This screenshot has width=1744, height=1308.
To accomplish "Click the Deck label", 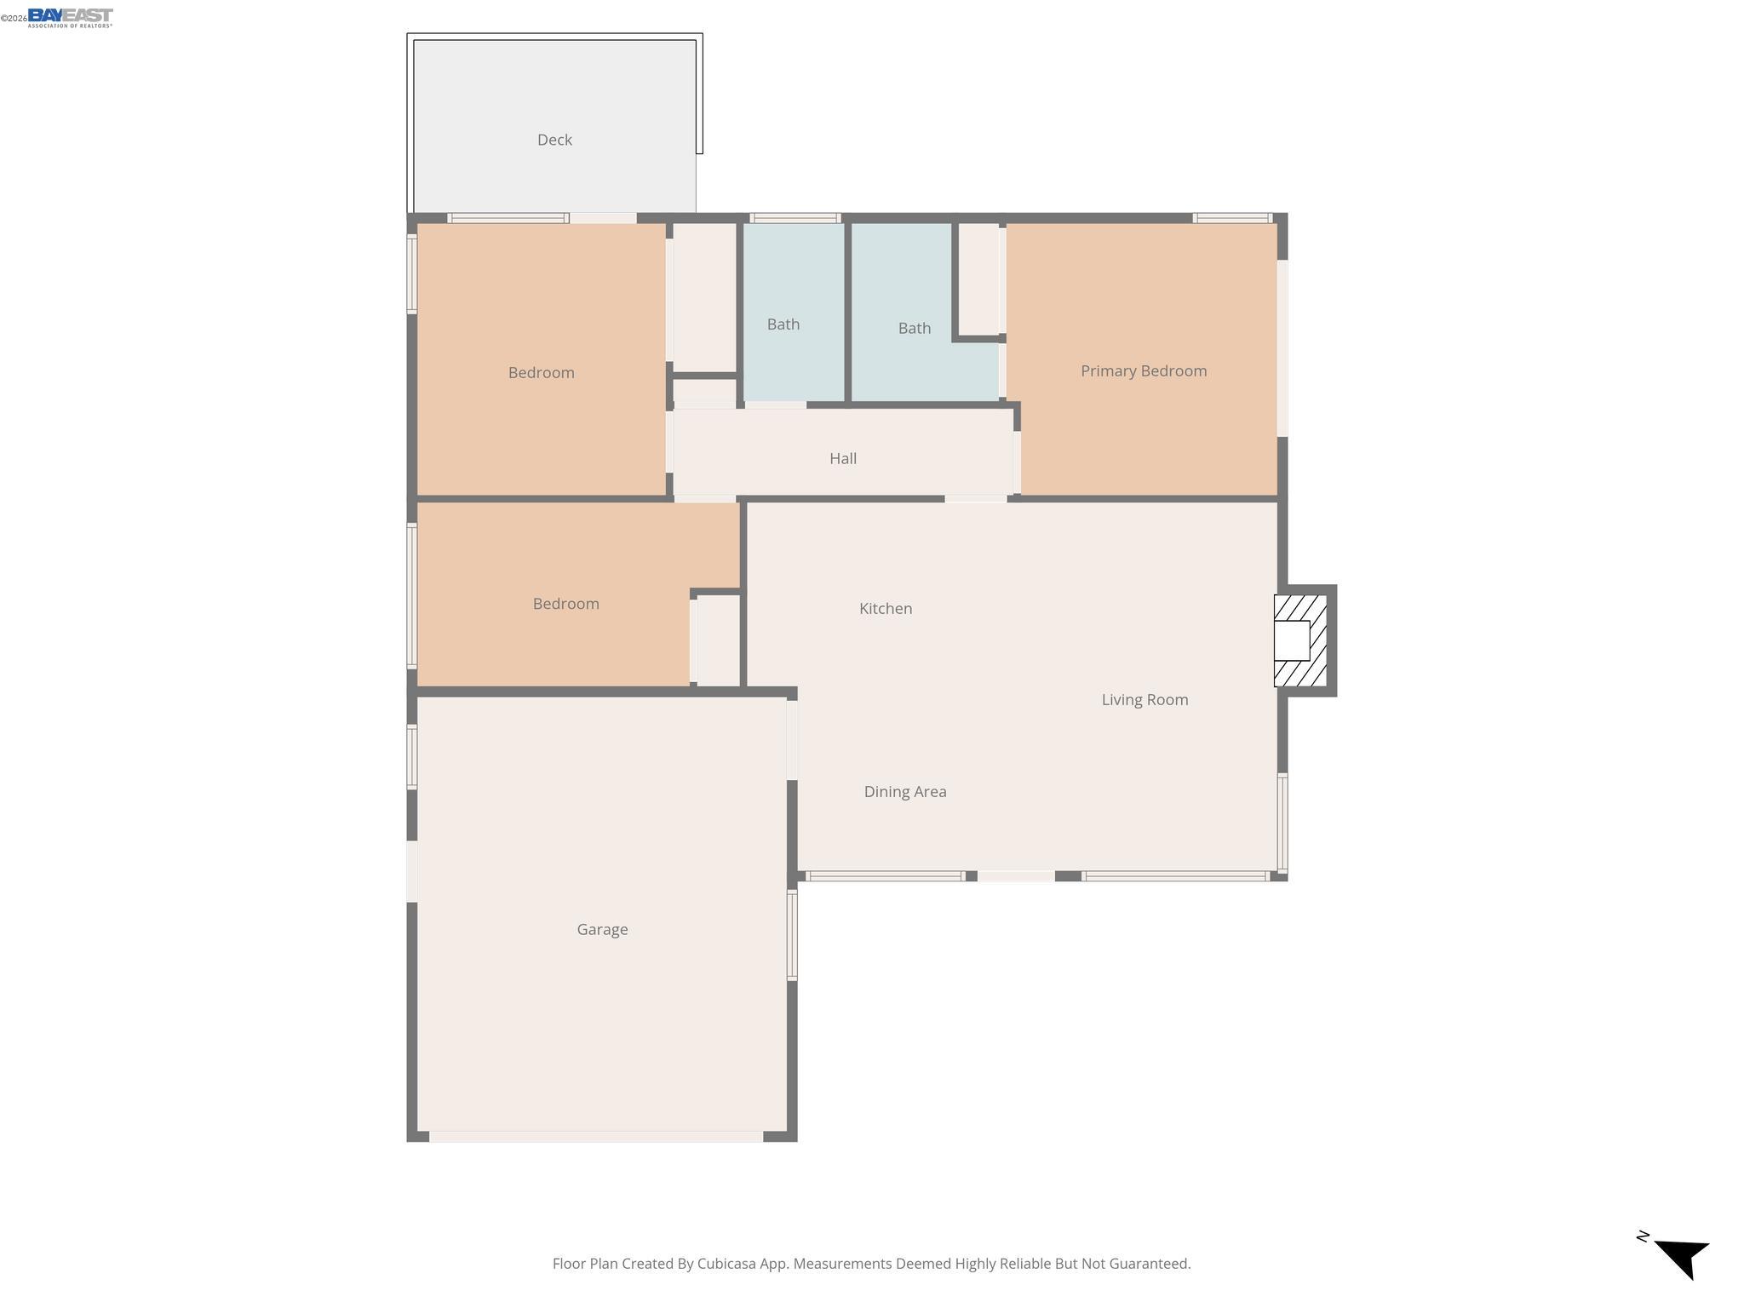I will [x=554, y=140].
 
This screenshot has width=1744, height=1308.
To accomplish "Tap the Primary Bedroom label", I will [x=1143, y=370].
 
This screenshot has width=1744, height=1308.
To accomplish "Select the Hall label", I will [x=842, y=458].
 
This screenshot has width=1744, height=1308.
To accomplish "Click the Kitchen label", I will [x=885, y=608].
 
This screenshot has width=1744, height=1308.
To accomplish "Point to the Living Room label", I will [x=1144, y=699].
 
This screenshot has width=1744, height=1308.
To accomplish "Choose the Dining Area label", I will [x=904, y=791].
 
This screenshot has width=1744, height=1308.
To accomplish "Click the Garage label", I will [x=602, y=929].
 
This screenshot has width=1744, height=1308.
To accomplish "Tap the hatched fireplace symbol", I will [x=1299, y=640].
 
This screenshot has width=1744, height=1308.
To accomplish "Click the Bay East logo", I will [x=70, y=17].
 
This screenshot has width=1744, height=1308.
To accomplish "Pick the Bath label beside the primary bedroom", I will [x=914, y=328].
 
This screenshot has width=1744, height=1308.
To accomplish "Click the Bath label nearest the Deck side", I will [x=783, y=324].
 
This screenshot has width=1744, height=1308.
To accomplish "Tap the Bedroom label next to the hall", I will [x=541, y=372].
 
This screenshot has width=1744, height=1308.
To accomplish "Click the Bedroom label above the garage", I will [x=565, y=604].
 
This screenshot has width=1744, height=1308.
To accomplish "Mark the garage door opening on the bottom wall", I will [x=596, y=1136].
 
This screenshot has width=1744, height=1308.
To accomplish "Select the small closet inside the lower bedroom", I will [x=718, y=640].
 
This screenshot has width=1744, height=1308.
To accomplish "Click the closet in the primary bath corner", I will [x=978, y=279].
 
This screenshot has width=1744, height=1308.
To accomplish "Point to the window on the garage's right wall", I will [x=792, y=934].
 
